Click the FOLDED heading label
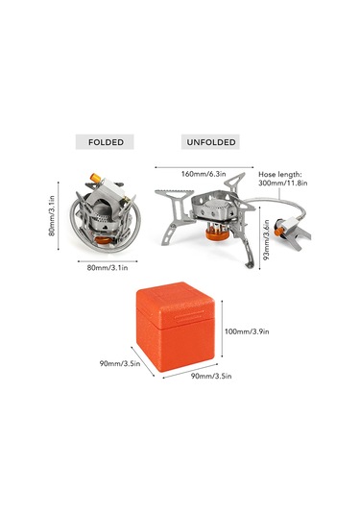pyautogui.click(x=105, y=141)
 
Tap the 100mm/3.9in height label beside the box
pyautogui.click(x=245, y=330)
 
